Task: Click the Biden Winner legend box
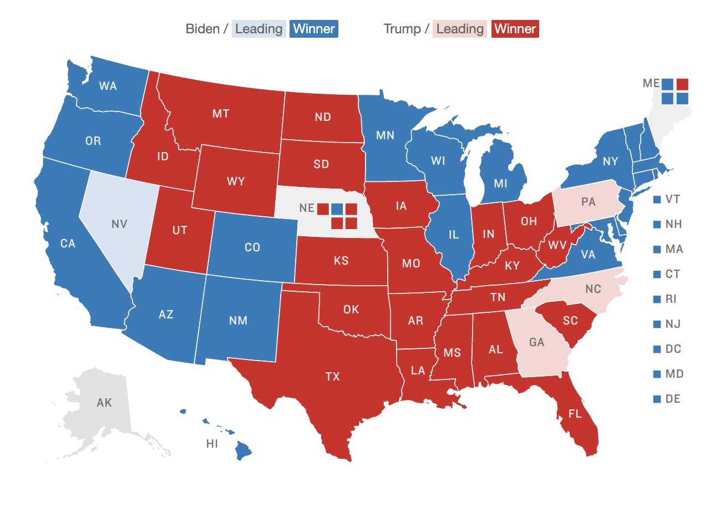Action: tap(313, 29)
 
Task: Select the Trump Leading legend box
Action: tap(460, 29)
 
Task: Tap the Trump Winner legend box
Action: tap(515, 29)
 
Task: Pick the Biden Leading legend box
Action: tap(259, 29)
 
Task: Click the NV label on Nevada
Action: tap(119, 224)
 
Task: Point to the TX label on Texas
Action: tap(332, 377)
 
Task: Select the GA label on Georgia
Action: tap(536, 342)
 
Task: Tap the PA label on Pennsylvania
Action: tap(588, 202)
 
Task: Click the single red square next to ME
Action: tap(682, 84)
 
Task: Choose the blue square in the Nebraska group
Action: tap(337, 209)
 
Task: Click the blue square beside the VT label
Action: tap(657, 200)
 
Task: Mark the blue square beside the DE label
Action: tap(657, 399)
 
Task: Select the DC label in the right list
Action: tap(673, 349)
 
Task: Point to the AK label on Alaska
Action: tap(104, 403)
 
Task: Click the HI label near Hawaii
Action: tap(211, 443)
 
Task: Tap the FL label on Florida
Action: tap(575, 414)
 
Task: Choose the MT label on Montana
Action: tap(221, 114)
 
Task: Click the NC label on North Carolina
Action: tap(593, 289)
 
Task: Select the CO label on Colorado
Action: tap(252, 247)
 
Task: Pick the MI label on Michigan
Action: tap(500, 183)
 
